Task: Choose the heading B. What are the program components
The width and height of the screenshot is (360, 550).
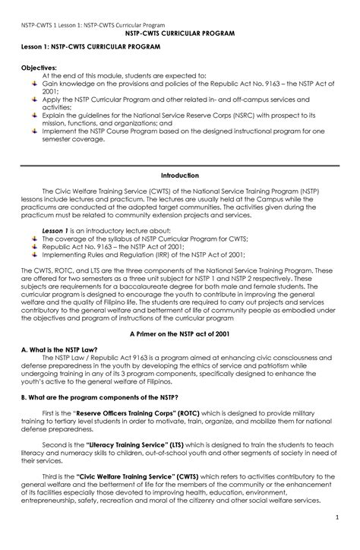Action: pos(99,397)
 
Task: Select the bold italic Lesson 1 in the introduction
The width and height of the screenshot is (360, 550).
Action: pos(55,230)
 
